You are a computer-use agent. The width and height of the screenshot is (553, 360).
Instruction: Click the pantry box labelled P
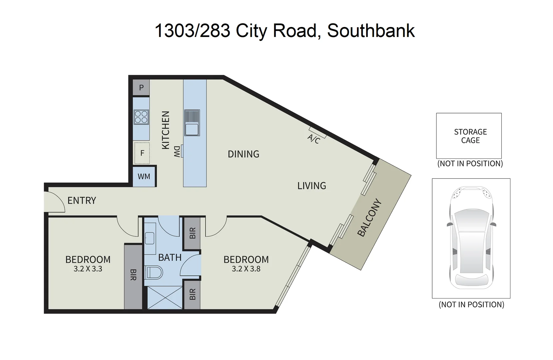(141, 88)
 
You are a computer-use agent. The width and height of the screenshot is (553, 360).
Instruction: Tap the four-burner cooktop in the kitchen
(141, 117)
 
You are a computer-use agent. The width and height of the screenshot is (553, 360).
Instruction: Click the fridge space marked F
(142, 153)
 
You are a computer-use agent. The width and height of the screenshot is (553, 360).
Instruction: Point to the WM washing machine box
(144, 176)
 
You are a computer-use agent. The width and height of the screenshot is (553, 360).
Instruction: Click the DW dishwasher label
(177, 151)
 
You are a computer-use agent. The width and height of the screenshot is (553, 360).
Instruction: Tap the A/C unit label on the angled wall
(313, 138)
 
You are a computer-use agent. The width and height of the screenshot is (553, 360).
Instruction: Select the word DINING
(243, 154)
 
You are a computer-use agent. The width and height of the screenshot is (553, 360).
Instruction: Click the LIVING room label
(312, 186)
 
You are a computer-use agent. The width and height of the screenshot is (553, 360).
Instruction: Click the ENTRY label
(82, 200)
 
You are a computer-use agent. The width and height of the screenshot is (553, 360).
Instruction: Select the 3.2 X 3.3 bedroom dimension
(88, 269)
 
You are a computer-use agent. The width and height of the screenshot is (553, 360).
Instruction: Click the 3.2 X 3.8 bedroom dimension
(246, 269)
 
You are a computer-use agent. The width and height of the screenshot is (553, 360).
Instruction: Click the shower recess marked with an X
(165, 297)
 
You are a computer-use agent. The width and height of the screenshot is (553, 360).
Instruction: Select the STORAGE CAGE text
(470, 136)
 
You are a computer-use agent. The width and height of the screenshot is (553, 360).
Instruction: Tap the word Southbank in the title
(371, 31)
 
